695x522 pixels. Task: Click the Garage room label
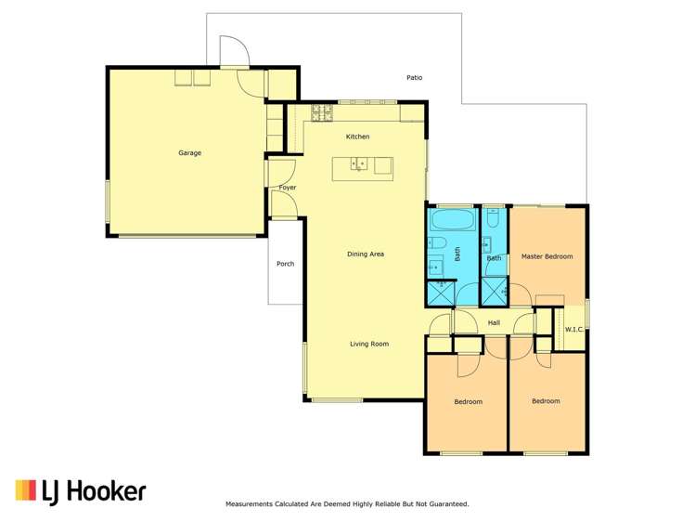point(189,153)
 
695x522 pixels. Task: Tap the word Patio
point(414,78)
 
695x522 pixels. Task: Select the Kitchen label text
point(357,137)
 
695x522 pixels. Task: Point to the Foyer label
point(288,188)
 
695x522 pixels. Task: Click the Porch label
point(285,264)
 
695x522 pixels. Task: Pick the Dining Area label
point(365,254)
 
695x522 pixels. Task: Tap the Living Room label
point(368,344)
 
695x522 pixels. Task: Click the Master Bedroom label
point(547,256)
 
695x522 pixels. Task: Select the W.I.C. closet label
point(573,328)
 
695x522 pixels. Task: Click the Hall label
point(494,322)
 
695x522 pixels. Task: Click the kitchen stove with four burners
point(322,113)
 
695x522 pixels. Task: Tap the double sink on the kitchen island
point(359,165)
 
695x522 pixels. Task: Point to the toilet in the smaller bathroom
point(494,219)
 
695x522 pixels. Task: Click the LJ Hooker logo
point(80,490)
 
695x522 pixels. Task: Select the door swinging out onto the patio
point(233,52)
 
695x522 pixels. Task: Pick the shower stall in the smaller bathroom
point(494,292)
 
